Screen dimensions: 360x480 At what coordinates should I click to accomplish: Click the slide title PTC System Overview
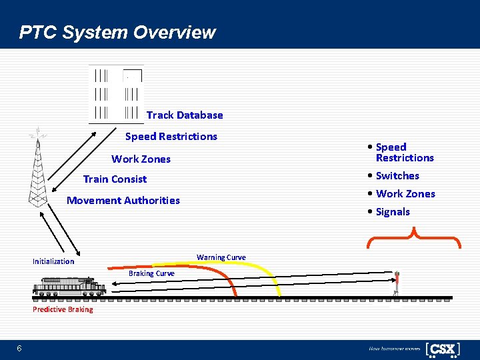pos(117,32)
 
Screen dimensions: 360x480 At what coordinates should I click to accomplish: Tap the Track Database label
pos(185,115)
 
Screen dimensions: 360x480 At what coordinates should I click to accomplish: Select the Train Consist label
pos(115,179)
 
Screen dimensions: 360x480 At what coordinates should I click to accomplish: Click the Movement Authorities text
pos(123,200)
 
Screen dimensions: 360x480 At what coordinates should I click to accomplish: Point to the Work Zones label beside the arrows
pos(141,159)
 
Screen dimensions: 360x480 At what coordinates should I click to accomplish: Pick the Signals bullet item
pos(393,211)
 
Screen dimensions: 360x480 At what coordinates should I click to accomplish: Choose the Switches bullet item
pos(397,175)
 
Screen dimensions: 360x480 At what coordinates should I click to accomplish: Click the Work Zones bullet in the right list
pos(405,193)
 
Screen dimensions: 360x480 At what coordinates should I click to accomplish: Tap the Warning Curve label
pos(221,257)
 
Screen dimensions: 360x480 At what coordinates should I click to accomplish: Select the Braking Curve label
pos(151,273)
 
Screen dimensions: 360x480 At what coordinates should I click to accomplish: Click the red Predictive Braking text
pos(63,309)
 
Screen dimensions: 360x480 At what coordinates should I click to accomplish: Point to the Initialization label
pos(53,261)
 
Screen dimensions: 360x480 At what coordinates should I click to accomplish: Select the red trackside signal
pos(397,283)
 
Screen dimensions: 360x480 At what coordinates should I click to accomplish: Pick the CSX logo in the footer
pos(443,349)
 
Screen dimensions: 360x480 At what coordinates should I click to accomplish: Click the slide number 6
pos(19,349)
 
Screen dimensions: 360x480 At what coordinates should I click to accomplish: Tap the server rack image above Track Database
pos(116,94)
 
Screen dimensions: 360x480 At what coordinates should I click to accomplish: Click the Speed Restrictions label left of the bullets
pos(171,136)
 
